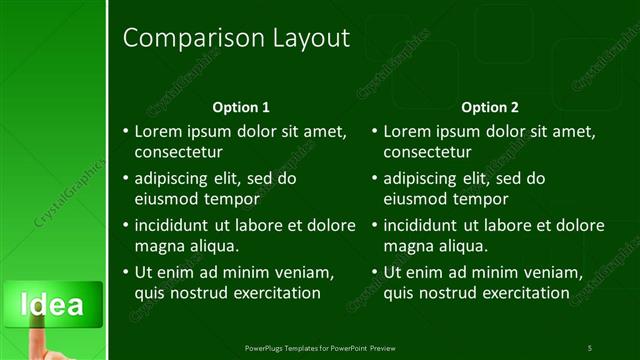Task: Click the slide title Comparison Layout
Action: click(x=236, y=39)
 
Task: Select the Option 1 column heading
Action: click(x=241, y=107)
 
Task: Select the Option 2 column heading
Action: click(x=489, y=107)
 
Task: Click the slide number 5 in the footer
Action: click(x=590, y=347)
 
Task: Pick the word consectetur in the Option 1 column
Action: click(x=178, y=152)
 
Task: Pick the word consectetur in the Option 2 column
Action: click(x=427, y=152)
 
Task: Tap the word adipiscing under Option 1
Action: click(x=173, y=179)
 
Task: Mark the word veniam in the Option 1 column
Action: click(x=301, y=272)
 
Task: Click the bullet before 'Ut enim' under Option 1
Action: click(x=125, y=272)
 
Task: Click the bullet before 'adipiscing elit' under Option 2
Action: click(x=374, y=179)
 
